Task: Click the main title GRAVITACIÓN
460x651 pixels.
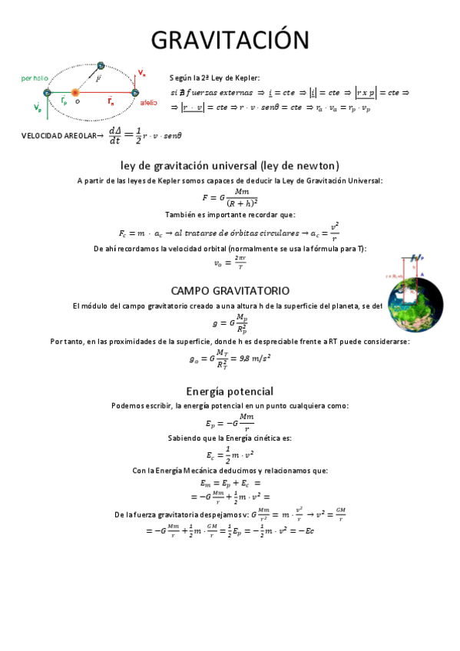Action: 230,40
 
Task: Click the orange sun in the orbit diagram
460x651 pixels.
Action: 75,93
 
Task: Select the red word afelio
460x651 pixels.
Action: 149,102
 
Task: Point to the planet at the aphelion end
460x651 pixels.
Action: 135,93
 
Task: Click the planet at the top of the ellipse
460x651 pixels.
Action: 101,66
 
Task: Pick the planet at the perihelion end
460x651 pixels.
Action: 47,93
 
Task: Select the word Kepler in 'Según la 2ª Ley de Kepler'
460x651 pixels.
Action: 248,78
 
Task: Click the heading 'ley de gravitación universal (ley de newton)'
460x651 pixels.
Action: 230,165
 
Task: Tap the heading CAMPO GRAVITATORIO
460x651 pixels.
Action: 230,291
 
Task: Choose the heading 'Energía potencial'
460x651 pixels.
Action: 230,392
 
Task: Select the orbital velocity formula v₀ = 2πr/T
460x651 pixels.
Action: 230,263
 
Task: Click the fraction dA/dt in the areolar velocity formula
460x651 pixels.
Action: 115,135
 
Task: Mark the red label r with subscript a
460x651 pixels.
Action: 111,101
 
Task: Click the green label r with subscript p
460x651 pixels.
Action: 65,101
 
